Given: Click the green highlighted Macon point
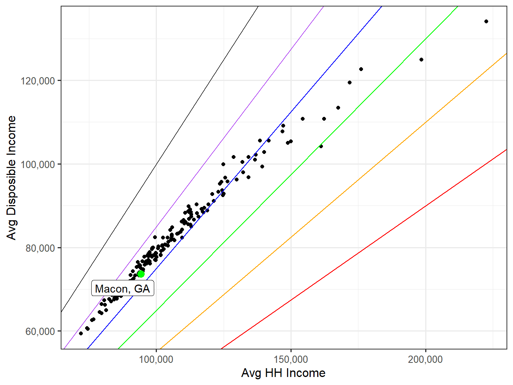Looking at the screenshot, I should [x=141, y=274].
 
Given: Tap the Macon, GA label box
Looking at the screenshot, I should [x=123, y=288].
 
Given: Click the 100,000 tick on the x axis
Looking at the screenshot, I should [x=156, y=359].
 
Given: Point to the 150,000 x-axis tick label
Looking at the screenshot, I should [x=291, y=359].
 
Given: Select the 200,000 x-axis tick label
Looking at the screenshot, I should [x=425, y=359].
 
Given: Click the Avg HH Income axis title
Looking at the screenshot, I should [x=283, y=373].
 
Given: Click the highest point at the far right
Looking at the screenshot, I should [x=486, y=21].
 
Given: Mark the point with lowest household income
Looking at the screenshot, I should [x=81, y=333].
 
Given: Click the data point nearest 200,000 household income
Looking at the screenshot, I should [x=421, y=60].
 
